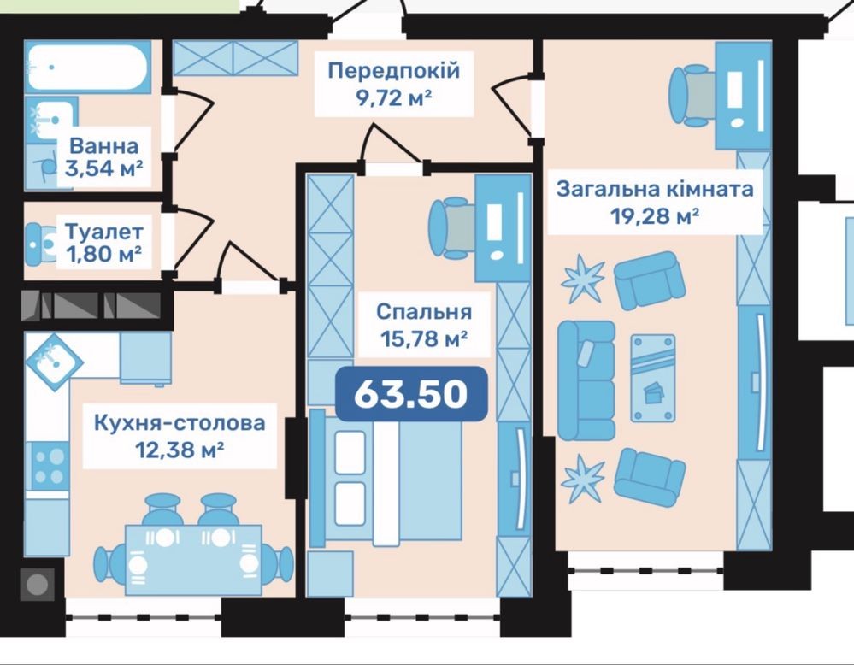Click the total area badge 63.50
tap(411, 393)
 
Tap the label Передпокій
tap(394, 71)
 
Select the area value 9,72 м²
tap(394, 98)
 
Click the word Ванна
tap(103, 146)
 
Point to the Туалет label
tap(104, 232)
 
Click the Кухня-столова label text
tap(180, 422)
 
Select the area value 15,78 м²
tap(424, 339)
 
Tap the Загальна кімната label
tap(655, 189)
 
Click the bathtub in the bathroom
tap(87, 67)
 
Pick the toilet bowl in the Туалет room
tap(41, 244)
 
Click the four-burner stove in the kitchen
tap(49, 466)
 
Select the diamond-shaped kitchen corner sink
tap(53, 360)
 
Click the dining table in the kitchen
tap(193, 560)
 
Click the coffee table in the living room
tap(653, 378)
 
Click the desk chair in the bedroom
tap(453, 227)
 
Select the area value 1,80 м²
tap(104, 254)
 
